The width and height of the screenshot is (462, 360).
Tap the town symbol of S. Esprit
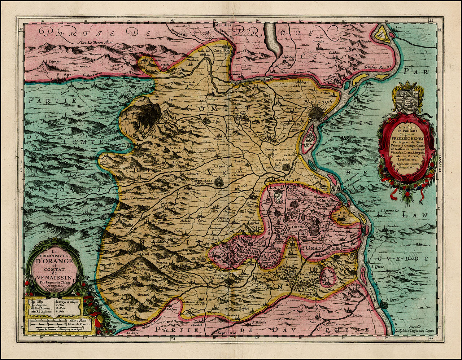pyautogui.click(x=383, y=305)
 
